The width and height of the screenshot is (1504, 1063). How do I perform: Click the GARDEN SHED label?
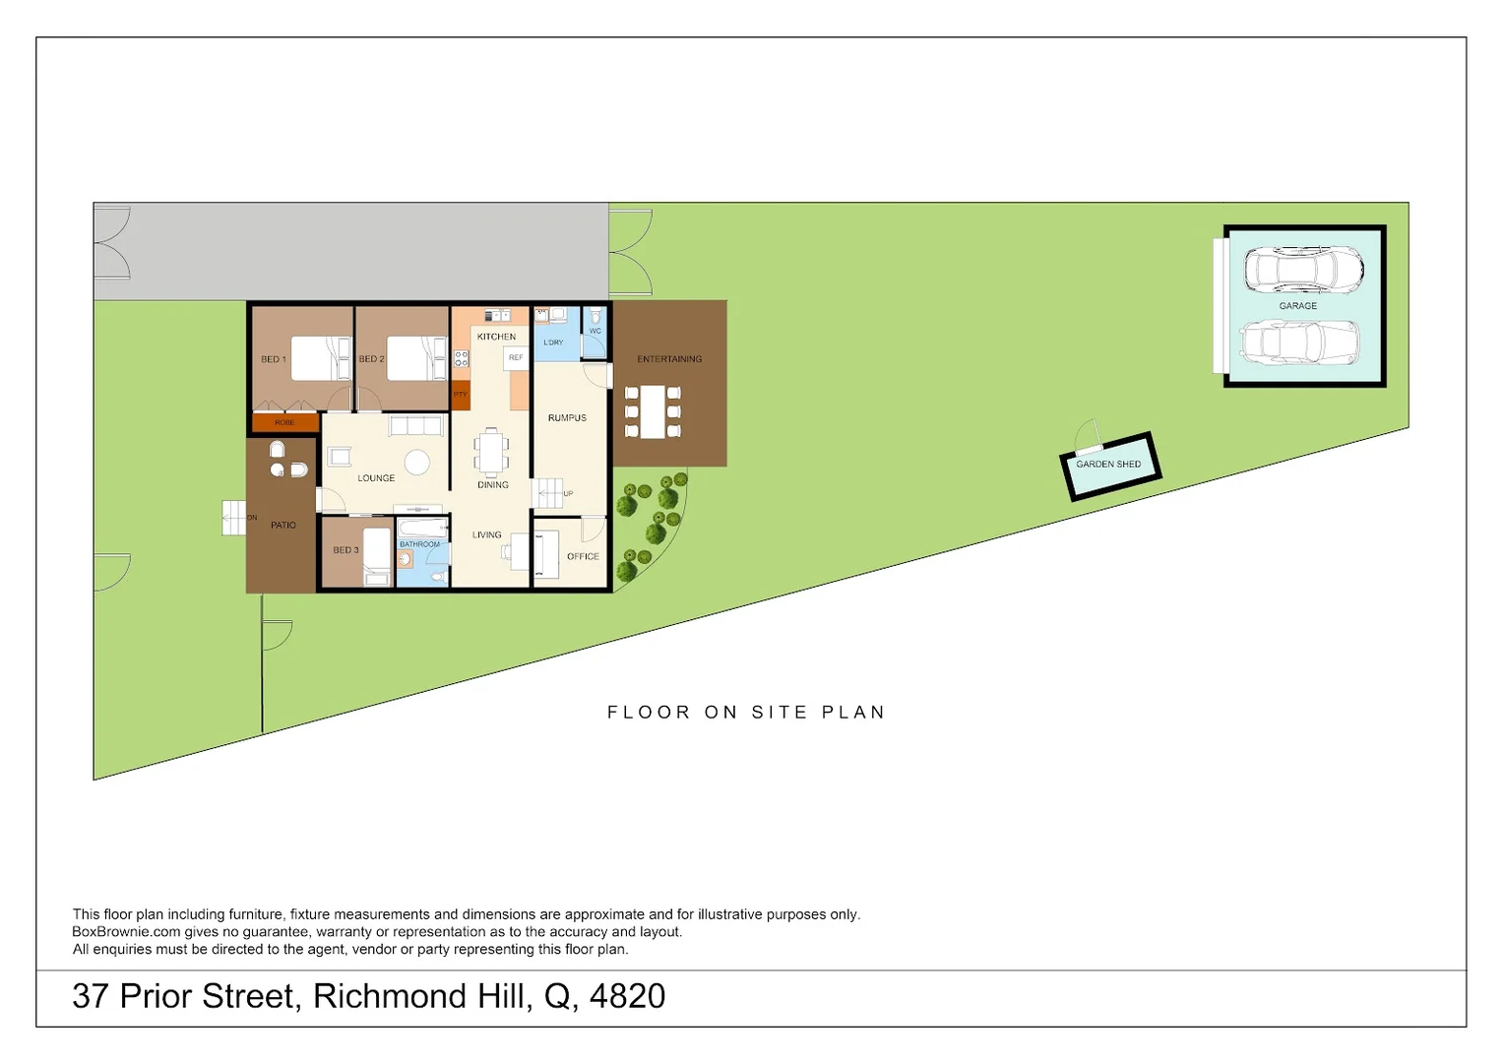tap(1108, 464)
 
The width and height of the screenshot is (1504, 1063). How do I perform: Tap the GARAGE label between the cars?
tap(1297, 306)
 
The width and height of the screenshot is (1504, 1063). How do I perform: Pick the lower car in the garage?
tap(1299, 343)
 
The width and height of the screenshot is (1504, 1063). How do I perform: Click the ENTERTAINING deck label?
tap(669, 359)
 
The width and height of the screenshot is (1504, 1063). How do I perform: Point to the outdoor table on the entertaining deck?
tap(653, 411)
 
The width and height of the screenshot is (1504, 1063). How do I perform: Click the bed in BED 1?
tap(321, 358)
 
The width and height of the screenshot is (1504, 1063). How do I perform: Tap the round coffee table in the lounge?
tap(417, 463)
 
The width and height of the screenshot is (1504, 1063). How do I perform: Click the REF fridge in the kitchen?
tap(516, 358)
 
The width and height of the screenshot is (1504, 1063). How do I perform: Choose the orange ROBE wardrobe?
tap(284, 422)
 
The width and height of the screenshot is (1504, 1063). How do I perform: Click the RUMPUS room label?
tap(567, 418)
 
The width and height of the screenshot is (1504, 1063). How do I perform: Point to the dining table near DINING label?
tap(492, 452)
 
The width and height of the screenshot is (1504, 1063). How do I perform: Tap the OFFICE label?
tap(583, 557)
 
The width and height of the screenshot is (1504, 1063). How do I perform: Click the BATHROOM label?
tap(420, 544)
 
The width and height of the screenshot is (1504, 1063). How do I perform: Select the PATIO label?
tap(283, 526)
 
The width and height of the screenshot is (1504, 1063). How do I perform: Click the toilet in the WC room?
tap(595, 318)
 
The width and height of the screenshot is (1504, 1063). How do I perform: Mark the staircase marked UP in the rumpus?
tap(548, 493)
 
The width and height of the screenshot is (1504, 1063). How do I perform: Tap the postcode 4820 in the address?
tap(627, 996)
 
